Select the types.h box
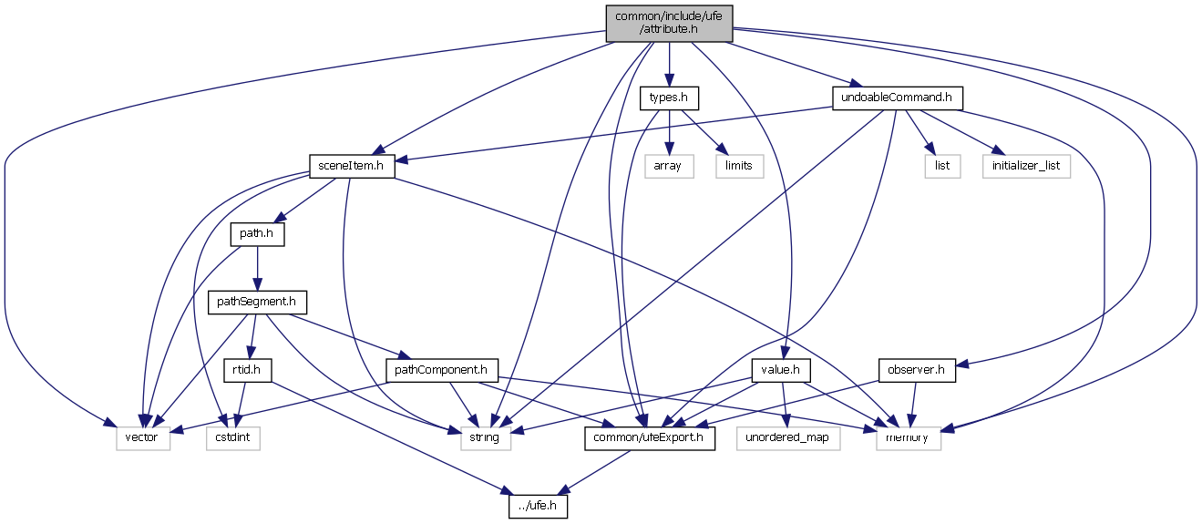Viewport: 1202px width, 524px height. click(669, 98)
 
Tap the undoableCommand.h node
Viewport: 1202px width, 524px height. click(898, 98)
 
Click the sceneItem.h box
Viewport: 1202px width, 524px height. click(351, 166)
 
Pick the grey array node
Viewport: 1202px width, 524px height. click(669, 166)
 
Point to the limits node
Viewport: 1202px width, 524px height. click(739, 166)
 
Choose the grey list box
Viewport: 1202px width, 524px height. click(942, 166)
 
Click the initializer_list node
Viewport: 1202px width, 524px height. click(1026, 166)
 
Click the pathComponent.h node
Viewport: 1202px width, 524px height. click(443, 370)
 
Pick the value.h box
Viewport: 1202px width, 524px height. click(782, 370)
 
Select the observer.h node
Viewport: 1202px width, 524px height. click(917, 370)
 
